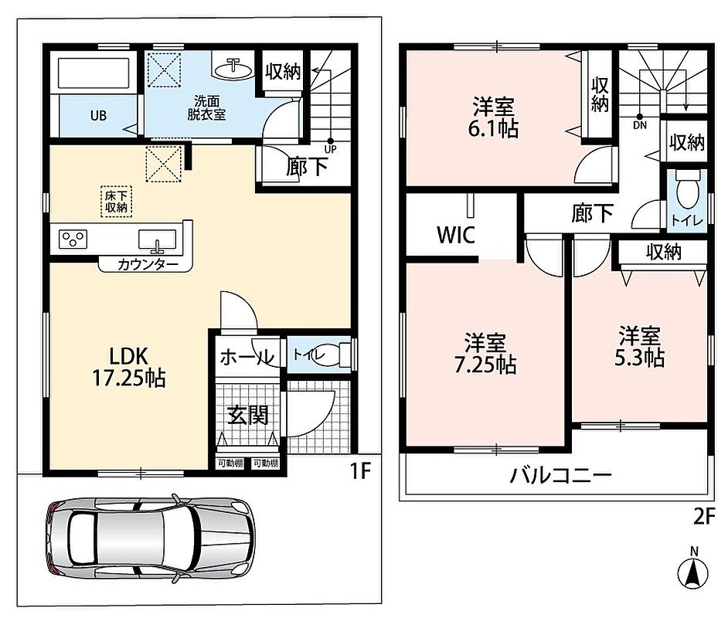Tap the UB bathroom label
tap(98, 116)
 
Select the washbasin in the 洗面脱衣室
tap(232, 70)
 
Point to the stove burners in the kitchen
tap(73, 239)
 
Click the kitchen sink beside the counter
tap(157, 239)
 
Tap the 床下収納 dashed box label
tap(116, 202)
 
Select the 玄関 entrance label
tap(248, 414)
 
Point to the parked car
tap(151, 538)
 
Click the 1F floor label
tap(360, 471)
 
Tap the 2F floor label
tap(704, 516)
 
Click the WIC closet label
tap(456, 235)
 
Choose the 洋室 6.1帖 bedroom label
tap(493, 117)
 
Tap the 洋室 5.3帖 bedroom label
tap(639, 346)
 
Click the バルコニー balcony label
tap(561, 475)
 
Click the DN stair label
tap(640, 125)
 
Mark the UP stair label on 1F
tap(331, 149)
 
